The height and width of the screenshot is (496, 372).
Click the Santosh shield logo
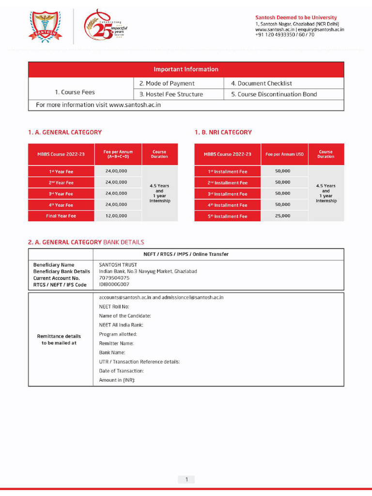point(45,27)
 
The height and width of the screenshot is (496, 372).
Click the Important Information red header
point(186,69)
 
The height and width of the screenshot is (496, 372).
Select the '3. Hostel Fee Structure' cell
point(171,94)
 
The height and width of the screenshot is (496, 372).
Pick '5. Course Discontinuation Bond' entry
point(274,94)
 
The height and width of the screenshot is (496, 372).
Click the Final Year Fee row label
point(61,216)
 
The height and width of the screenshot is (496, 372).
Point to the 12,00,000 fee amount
point(116,216)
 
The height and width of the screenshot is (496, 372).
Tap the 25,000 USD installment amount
point(283,216)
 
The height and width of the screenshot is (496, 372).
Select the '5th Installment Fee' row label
point(228,217)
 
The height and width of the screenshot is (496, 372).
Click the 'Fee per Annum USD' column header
point(285,155)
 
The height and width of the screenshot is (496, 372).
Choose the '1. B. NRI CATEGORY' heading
point(223,132)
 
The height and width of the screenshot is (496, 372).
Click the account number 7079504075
point(114,278)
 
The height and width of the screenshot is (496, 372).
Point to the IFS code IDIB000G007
point(114,285)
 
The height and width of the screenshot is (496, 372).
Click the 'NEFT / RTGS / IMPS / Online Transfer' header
point(186,254)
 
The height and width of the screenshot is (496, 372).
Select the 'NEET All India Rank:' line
point(121,325)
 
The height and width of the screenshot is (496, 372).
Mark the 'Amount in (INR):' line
point(117,380)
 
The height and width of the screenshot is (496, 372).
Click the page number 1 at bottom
point(186,480)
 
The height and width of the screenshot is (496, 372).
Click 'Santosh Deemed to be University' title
point(296,18)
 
